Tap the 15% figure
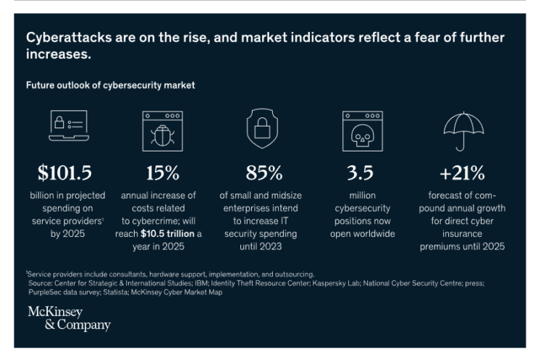[159, 173]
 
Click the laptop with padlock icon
[67, 126]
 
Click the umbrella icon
[462, 129]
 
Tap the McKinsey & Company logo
[69, 318]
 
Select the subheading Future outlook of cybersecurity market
[110, 85]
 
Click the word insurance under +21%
[460, 234]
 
